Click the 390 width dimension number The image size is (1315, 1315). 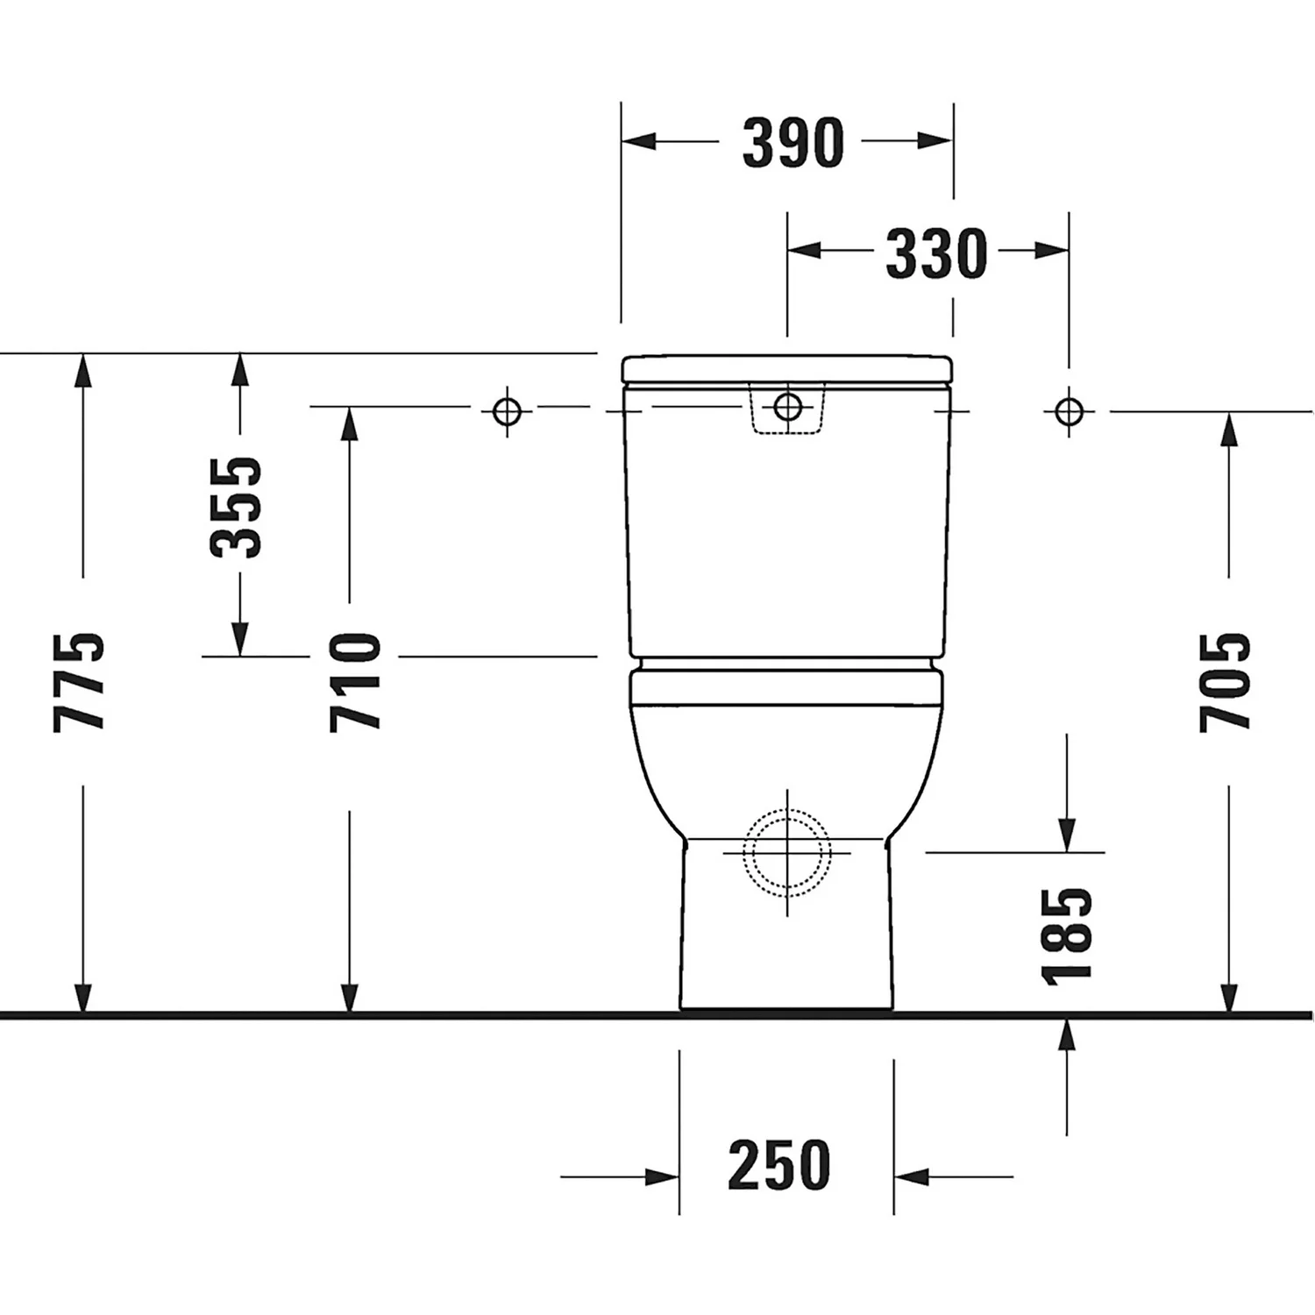[793, 143]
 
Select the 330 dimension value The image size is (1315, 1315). [936, 253]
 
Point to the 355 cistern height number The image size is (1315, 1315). [236, 507]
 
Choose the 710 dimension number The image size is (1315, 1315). [356, 681]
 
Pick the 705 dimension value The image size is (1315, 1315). [1226, 681]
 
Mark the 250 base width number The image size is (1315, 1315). [778, 1166]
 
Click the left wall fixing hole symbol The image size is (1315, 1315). [507, 409]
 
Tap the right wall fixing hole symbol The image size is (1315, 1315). [1069, 409]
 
